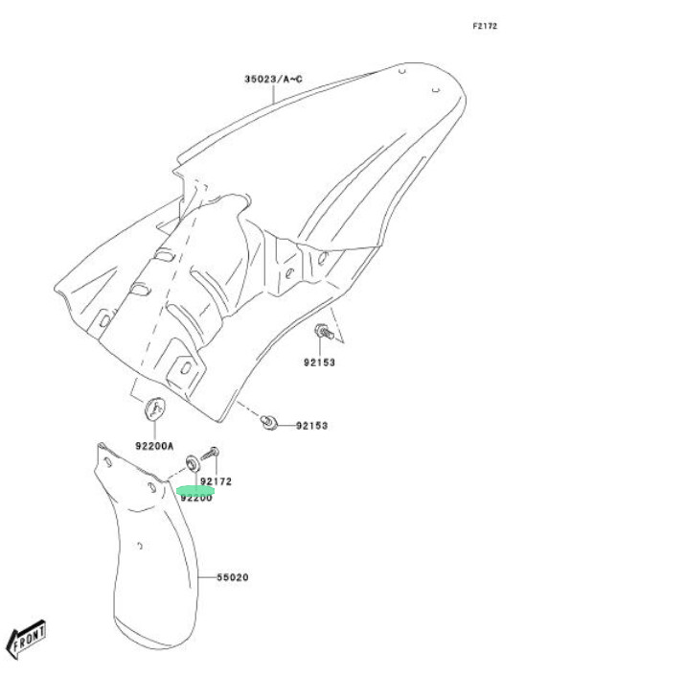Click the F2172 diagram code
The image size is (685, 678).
click(x=485, y=26)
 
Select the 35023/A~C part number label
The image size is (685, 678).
click(x=273, y=79)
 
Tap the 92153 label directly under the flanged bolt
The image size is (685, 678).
click(x=321, y=362)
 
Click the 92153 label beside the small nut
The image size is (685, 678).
click(x=311, y=425)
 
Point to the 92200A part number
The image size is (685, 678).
click(x=153, y=446)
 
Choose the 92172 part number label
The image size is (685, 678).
click(x=216, y=481)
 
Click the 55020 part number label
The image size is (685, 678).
click(x=232, y=577)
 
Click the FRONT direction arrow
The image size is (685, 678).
click(x=26, y=639)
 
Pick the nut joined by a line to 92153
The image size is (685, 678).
click(x=272, y=423)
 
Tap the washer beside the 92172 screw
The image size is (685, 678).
click(x=193, y=464)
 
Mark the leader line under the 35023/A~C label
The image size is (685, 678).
click(x=274, y=93)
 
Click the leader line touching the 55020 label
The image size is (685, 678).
click(x=207, y=577)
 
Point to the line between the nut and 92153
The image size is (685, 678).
click(x=285, y=425)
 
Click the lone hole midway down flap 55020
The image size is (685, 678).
click(x=140, y=549)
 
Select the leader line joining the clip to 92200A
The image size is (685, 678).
click(x=153, y=430)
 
